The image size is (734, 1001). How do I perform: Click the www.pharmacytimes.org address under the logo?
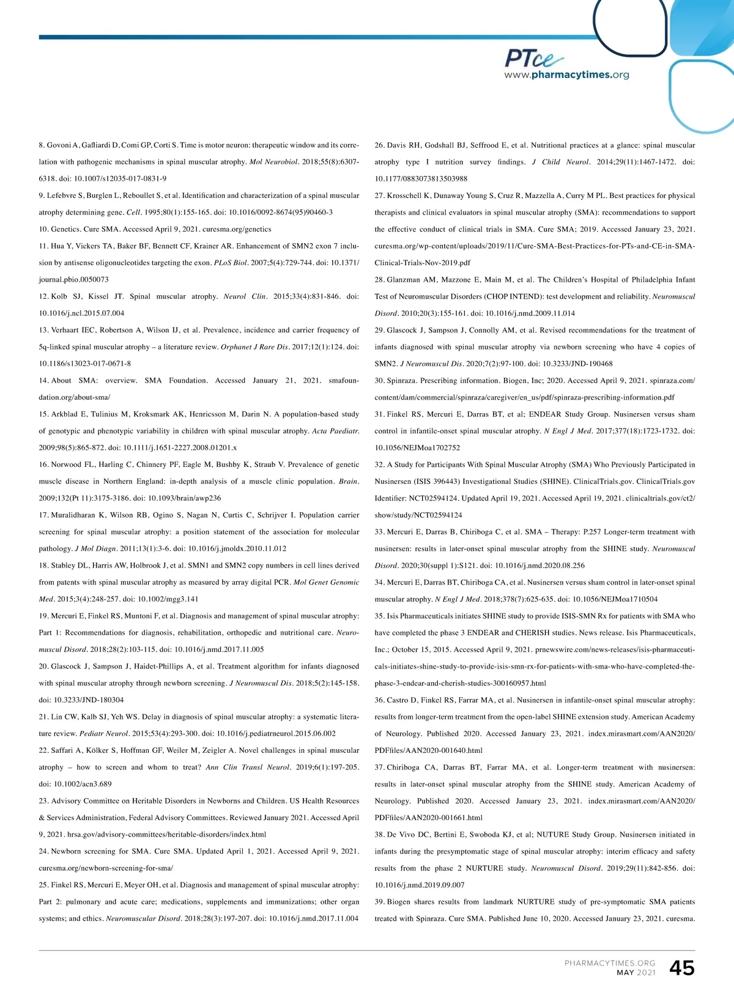click(x=566, y=75)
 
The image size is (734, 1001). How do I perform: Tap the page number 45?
click(x=681, y=967)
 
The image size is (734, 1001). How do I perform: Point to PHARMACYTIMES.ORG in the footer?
click(x=610, y=963)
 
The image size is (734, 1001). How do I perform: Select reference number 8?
click(x=42, y=145)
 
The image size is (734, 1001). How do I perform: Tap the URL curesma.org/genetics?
click(x=237, y=229)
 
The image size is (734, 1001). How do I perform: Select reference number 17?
click(x=43, y=515)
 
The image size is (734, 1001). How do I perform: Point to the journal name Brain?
click(x=349, y=482)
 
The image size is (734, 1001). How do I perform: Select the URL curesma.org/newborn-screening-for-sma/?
click(x=106, y=868)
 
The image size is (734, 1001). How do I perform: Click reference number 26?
click(x=379, y=145)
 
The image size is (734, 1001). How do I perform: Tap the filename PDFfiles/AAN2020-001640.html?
click(x=428, y=750)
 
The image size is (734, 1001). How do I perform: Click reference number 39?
click(x=379, y=901)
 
